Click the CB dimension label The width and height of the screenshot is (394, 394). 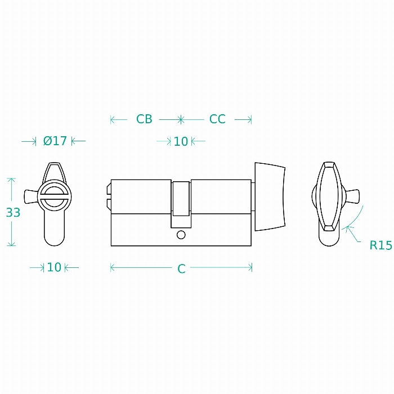pyautogui.click(x=144, y=119)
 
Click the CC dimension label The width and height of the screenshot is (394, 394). pyautogui.click(x=217, y=119)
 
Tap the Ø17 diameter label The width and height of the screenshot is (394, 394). pyautogui.click(x=55, y=141)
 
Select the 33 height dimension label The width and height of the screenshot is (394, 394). pyautogui.click(x=13, y=213)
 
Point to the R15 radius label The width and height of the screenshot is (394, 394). pyautogui.click(x=380, y=245)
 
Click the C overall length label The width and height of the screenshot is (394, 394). pyautogui.click(x=181, y=269)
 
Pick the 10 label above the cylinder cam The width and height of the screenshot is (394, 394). pyautogui.click(x=181, y=141)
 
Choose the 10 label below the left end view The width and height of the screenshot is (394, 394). pyautogui.click(x=54, y=267)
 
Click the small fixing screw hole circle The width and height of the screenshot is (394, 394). pyautogui.click(x=181, y=235)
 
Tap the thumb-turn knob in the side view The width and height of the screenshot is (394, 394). pyautogui.click(x=270, y=196)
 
